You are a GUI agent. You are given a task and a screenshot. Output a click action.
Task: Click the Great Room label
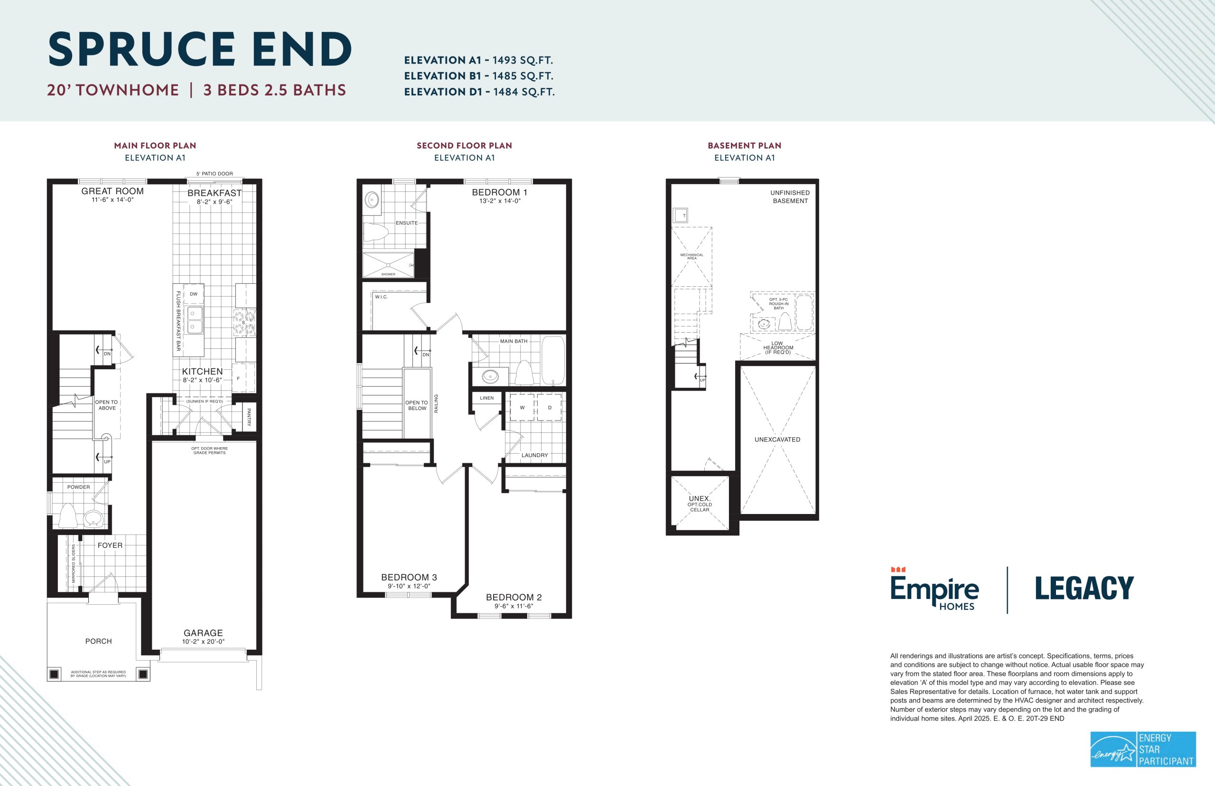tap(112, 191)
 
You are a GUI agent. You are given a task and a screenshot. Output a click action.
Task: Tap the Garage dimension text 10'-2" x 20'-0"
tap(203, 642)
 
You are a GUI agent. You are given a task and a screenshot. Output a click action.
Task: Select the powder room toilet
tap(68, 515)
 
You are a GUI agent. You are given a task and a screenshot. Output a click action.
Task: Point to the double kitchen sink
tap(195, 319)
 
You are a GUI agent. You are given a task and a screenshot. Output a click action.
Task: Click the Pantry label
tap(249, 417)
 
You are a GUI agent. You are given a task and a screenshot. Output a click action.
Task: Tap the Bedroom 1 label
tap(500, 192)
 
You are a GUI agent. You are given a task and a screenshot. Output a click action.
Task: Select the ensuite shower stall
tap(388, 265)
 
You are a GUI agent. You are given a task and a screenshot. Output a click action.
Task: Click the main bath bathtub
tap(552, 360)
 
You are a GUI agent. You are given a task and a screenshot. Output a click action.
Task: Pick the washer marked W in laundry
tap(522, 407)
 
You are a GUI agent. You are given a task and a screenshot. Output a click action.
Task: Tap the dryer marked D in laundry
tap(549, 407)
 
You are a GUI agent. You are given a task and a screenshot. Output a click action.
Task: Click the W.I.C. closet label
tap(381, 297)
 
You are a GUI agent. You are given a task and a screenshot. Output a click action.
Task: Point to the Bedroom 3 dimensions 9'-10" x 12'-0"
tap(409, 586)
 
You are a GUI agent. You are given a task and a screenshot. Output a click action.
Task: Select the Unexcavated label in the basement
tap(777, 440)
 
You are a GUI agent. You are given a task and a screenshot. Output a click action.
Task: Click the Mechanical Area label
tap(692, 256)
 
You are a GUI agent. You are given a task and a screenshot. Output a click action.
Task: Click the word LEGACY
tap(1084, 589)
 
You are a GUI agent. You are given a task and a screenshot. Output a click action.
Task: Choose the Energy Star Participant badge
tap(1143, 749)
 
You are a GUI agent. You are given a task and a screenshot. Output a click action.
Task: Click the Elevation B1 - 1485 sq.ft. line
tap(479, 76)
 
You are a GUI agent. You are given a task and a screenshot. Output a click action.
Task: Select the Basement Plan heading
tap(745, 145)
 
